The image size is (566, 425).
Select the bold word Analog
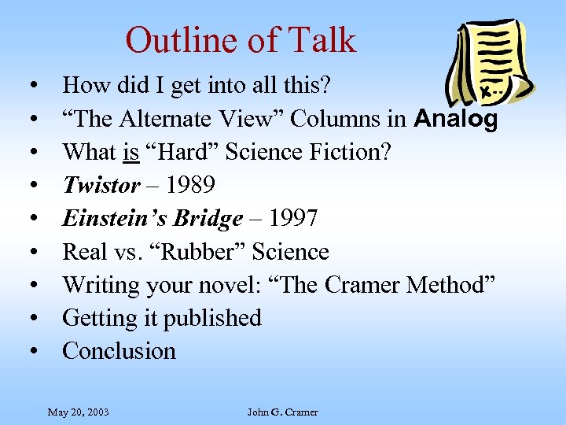click(x=455, y=119)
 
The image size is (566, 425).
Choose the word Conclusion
click(x=119, y=351)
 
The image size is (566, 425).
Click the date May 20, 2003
click(x=78, y=412)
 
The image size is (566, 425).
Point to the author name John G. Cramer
click(x=282, y=412)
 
